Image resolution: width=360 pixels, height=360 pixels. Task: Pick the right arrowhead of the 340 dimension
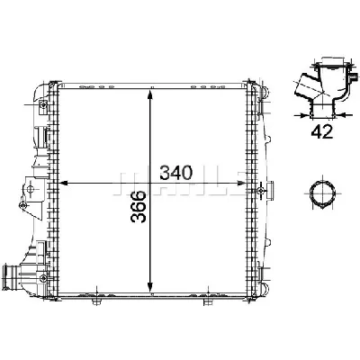tap(249, 183)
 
